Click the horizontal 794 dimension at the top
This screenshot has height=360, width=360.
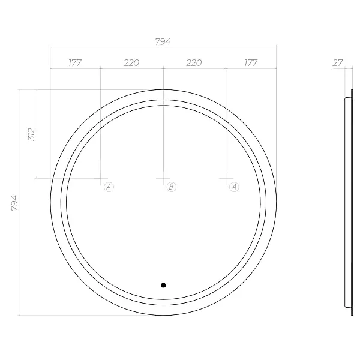point(163,41)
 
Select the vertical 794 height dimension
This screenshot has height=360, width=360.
point(14,203)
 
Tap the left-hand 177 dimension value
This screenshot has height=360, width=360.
point(75,62)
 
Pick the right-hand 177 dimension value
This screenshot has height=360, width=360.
point(251,62)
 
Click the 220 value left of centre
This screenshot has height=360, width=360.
point(131,62)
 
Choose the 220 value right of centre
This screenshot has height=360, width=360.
point(194,62)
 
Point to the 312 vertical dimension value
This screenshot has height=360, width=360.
point(31,134)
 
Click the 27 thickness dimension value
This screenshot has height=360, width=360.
point(337,62)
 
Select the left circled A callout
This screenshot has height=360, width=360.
point(109,187)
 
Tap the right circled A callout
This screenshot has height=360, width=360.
point(234,187)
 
